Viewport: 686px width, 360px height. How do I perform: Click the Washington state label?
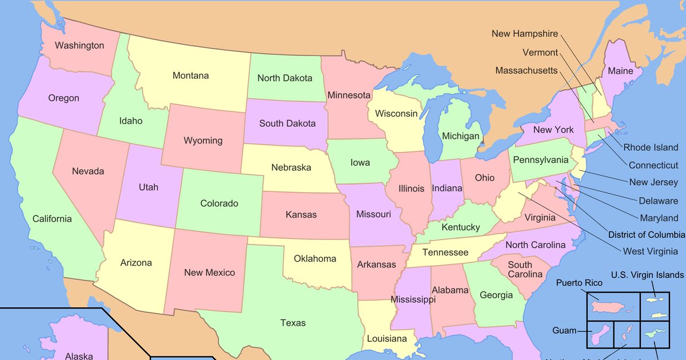coord(79,46)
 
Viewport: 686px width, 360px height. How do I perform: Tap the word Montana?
coord(190,75)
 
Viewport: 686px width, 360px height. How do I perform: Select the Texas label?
coord(293,323)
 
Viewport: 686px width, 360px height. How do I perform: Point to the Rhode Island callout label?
coord(651,147)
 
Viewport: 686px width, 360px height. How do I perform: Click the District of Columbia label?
coord(646,235)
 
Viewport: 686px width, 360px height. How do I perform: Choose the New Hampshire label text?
coord(524,34)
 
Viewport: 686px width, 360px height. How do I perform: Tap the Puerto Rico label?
coord(579,283)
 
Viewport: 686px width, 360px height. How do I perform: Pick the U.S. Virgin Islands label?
coord(647,275)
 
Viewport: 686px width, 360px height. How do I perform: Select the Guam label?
coord(564,331)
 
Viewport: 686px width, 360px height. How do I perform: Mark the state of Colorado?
coord(219,203)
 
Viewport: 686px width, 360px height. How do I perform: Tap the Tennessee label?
coord(445,253)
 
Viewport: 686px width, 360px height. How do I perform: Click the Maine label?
coord(620,71)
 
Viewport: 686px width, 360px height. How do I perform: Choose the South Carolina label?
coord(524,270)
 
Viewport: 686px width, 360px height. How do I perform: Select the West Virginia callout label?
coord(651,251)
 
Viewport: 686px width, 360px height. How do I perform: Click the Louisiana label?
coord(386,338)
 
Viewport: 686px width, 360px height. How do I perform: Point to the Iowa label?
coord(360,163)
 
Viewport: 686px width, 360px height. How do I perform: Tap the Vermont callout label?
coord(540,53)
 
